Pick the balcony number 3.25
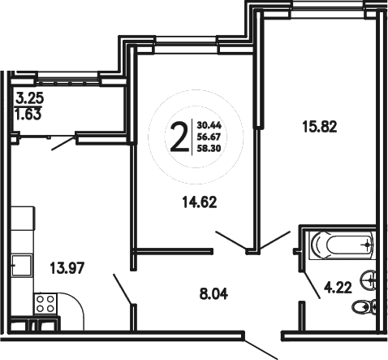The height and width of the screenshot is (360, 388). click(31, 102)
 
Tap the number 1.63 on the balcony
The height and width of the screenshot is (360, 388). click(31, 115)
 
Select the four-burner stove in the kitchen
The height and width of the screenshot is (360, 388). click(45, 306)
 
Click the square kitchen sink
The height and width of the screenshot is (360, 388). click(22, 265)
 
